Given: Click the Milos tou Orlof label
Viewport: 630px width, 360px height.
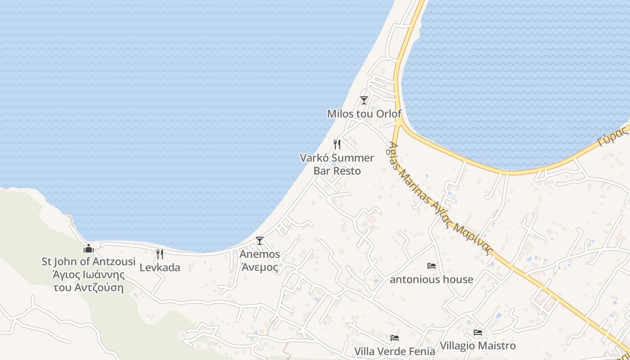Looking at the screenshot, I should click(x=364, y=114).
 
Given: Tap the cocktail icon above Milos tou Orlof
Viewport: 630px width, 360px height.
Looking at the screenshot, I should click(x=364, y=100).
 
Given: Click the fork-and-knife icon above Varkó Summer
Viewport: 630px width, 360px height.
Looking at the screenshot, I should click(x=337, y=144).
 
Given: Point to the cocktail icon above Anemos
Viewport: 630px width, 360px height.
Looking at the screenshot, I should click(x=259, y=241).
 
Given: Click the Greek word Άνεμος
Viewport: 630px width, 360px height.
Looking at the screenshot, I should click(x=260, y=267).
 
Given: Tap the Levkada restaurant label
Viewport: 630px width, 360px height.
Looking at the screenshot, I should click(x=160, y=267).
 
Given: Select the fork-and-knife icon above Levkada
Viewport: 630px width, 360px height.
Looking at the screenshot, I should click(x=160, y=254).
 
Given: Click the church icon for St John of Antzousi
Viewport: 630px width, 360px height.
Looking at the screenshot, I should click(x=89, y=248).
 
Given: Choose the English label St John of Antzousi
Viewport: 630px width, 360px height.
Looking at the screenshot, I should click(x=89, y=261).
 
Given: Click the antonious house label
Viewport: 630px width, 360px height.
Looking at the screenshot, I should click(x=432, y=279).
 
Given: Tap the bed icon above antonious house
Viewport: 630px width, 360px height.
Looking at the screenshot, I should click(x=432, y=266).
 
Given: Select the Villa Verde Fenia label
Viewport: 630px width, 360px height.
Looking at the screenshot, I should click(x=395, y=351).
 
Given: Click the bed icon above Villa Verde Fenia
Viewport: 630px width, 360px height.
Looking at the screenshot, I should click(x=395, y=338).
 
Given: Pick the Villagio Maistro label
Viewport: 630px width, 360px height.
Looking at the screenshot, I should click(x=478, y=346).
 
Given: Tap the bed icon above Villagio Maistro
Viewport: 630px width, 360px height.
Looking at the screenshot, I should click(x=478, y=333).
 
